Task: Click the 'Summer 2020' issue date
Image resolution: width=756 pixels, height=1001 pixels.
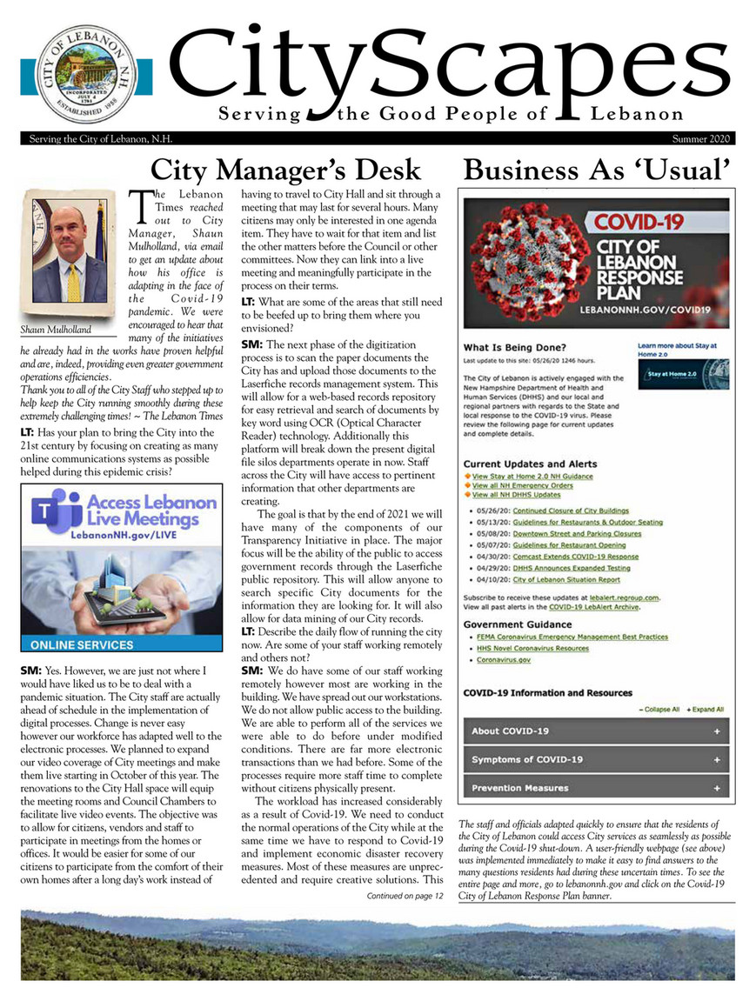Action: (702, 139)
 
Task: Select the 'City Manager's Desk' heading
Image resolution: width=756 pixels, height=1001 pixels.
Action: (286, 169)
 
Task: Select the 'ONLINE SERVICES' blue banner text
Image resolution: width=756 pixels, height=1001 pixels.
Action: (82, 645)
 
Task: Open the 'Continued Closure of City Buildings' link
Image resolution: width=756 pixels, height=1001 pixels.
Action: (570, 511)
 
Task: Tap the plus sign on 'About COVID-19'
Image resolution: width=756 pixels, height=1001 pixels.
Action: (716, 731)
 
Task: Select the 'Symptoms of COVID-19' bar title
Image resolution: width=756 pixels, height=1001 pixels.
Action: (527, 759)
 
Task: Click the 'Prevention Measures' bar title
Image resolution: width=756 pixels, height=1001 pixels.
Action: (519, 788)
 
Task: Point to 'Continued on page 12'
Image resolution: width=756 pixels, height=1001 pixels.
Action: (405, 895)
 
